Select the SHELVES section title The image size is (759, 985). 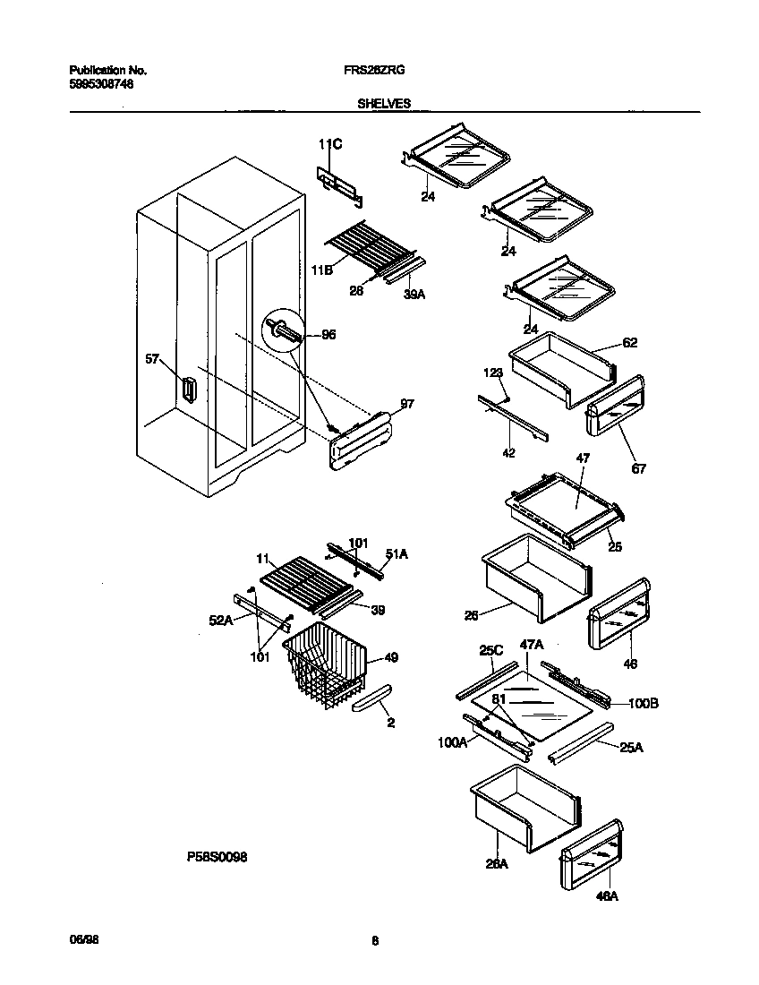coord(384,103)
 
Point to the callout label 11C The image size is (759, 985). coord(330,143)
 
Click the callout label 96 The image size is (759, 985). coord(328,335)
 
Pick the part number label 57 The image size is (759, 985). coord(153,359)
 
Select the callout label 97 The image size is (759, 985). coord(406,405)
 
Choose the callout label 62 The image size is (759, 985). coord(629,342)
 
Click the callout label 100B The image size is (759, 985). coord(643,704)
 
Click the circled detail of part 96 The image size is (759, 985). coord(283,332)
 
